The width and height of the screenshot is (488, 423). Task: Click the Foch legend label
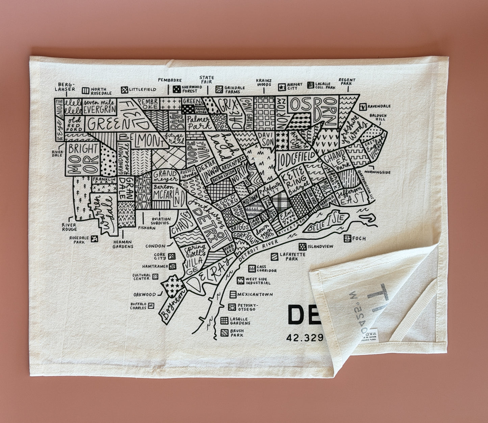pyautogui.click(x=359, y=238)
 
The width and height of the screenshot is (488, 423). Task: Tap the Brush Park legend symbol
pyautogui.click(x=224, y=333)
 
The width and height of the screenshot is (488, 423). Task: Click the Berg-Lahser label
pyautogui.click(x=67, y=87)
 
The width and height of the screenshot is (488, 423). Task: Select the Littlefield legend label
pyautogui.click(x=143, y=89)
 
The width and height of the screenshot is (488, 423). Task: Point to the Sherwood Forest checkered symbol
pyautogui.click(x=176, y=89)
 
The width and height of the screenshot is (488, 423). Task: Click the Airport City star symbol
pyautogui.click(x=282, y=88)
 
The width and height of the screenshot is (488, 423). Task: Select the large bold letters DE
pyautogui.click(x=302, y=315)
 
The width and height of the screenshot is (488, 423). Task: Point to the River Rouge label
pyautogui.click(x=69, y=227)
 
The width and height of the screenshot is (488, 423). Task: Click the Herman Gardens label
pyautogui.click(x=123, y=244)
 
